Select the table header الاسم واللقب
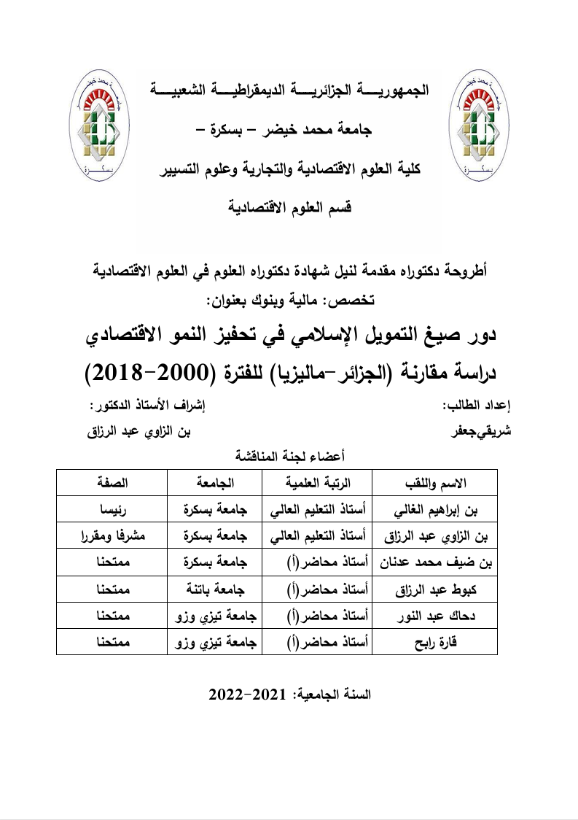434,483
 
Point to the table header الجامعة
215,483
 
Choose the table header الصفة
112,483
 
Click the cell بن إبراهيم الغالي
434,509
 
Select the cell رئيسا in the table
112,509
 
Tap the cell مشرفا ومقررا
112,536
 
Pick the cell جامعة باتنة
215,589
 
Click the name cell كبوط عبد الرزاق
434,589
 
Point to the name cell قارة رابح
434,642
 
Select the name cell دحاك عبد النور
434,616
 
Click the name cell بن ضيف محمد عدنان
434,562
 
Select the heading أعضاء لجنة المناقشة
290,457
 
